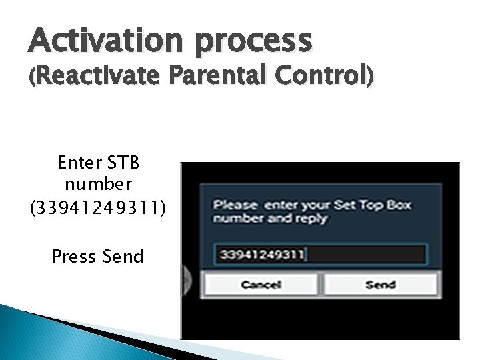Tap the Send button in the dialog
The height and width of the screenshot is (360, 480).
[x=380, y=285]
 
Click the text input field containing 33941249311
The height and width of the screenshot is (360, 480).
[x=320, y=255]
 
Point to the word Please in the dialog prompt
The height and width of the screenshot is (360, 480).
[x=235, y=205]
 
